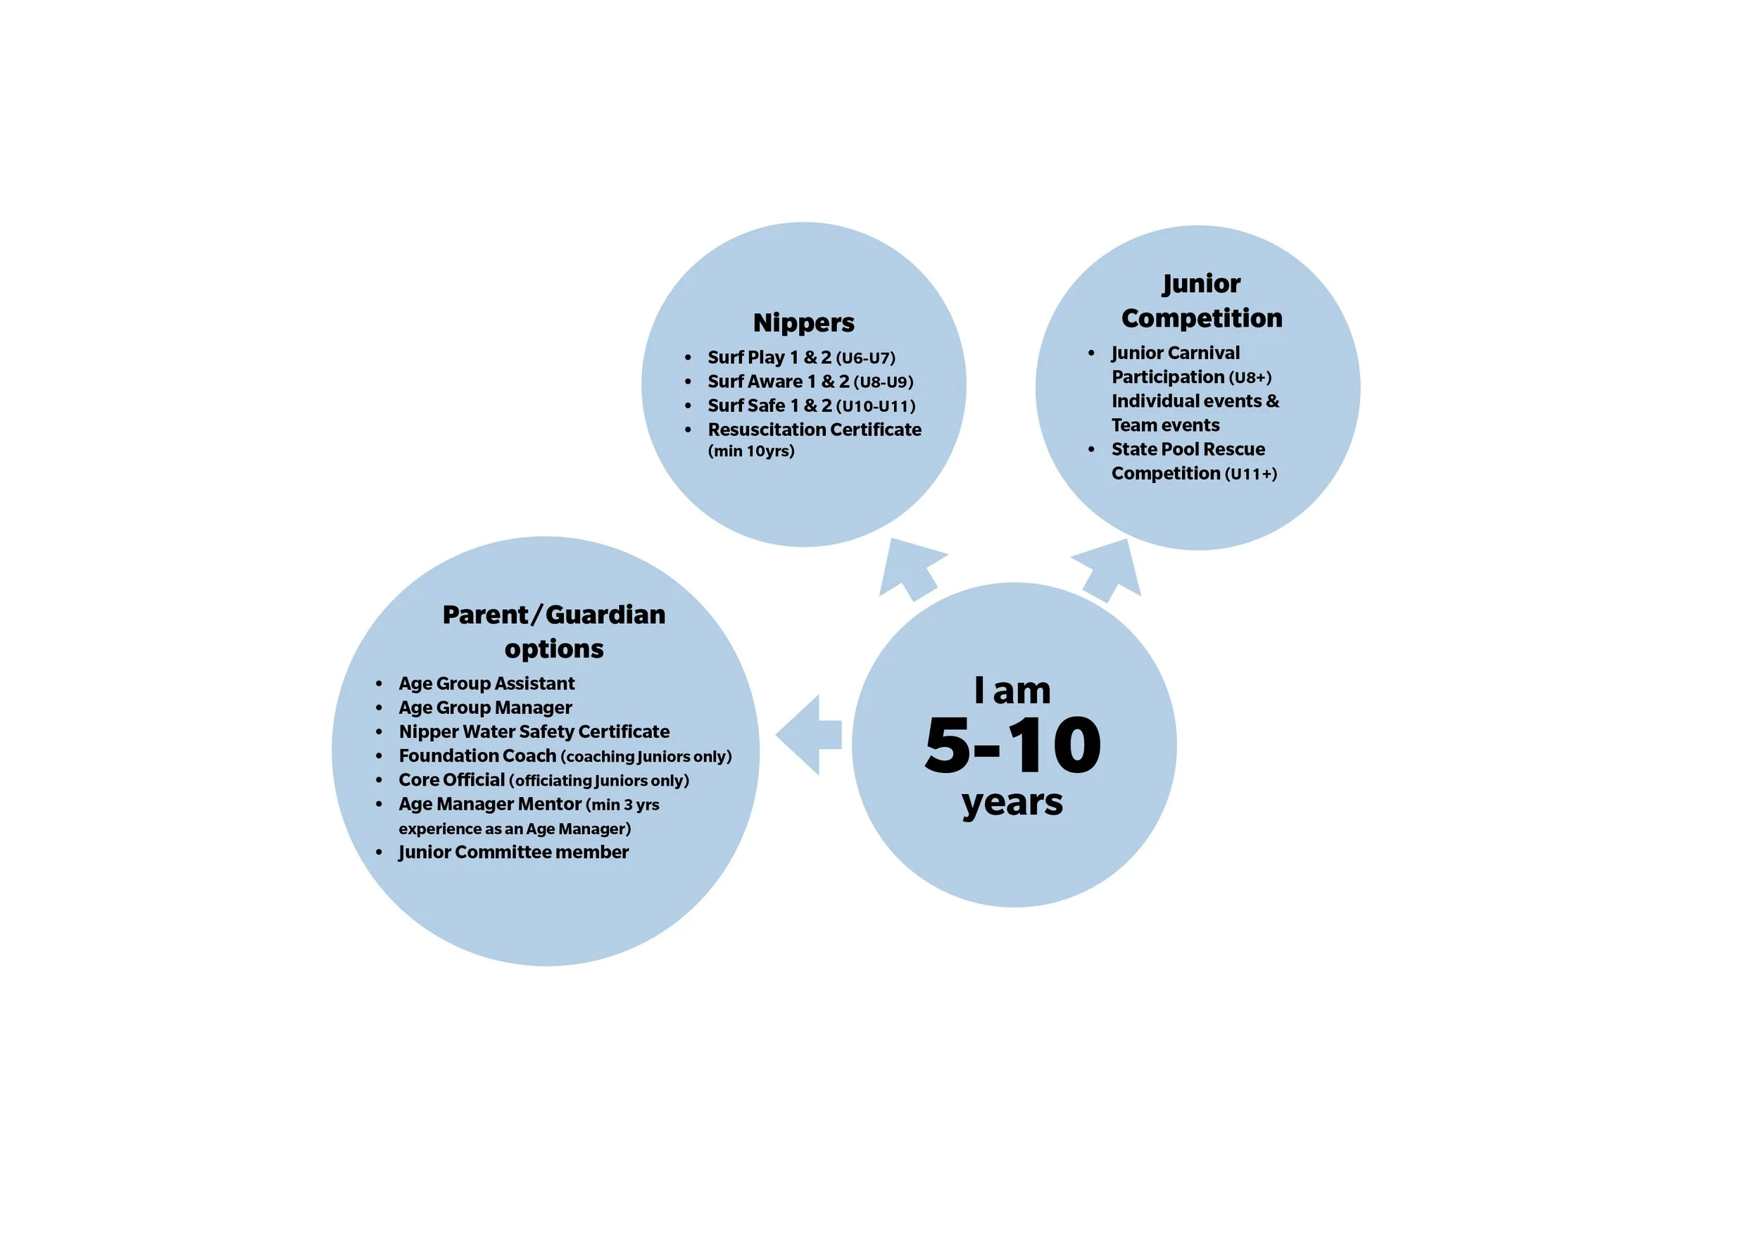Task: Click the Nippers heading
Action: [x=803, y=322]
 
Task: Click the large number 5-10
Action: [x=1013, y=745]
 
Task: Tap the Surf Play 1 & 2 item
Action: [x=769, y=357]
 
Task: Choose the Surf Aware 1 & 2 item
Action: [x=778, y=382]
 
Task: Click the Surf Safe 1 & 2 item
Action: [x=769, y=406]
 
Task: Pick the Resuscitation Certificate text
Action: [x=814, y=429]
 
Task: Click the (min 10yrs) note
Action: [x=750, y=451]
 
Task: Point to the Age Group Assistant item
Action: [x=486, y=683]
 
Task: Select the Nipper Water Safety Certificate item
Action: [x=534, y=731]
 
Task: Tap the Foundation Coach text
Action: [x=477, y=755]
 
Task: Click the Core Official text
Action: [x=451, y=779]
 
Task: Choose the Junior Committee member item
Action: [x=513, y=852]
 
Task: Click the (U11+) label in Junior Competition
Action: [x=1250, y=474]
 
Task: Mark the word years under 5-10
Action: [x=1012, y=803]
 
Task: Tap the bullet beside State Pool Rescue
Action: [x=1090, y=449]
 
